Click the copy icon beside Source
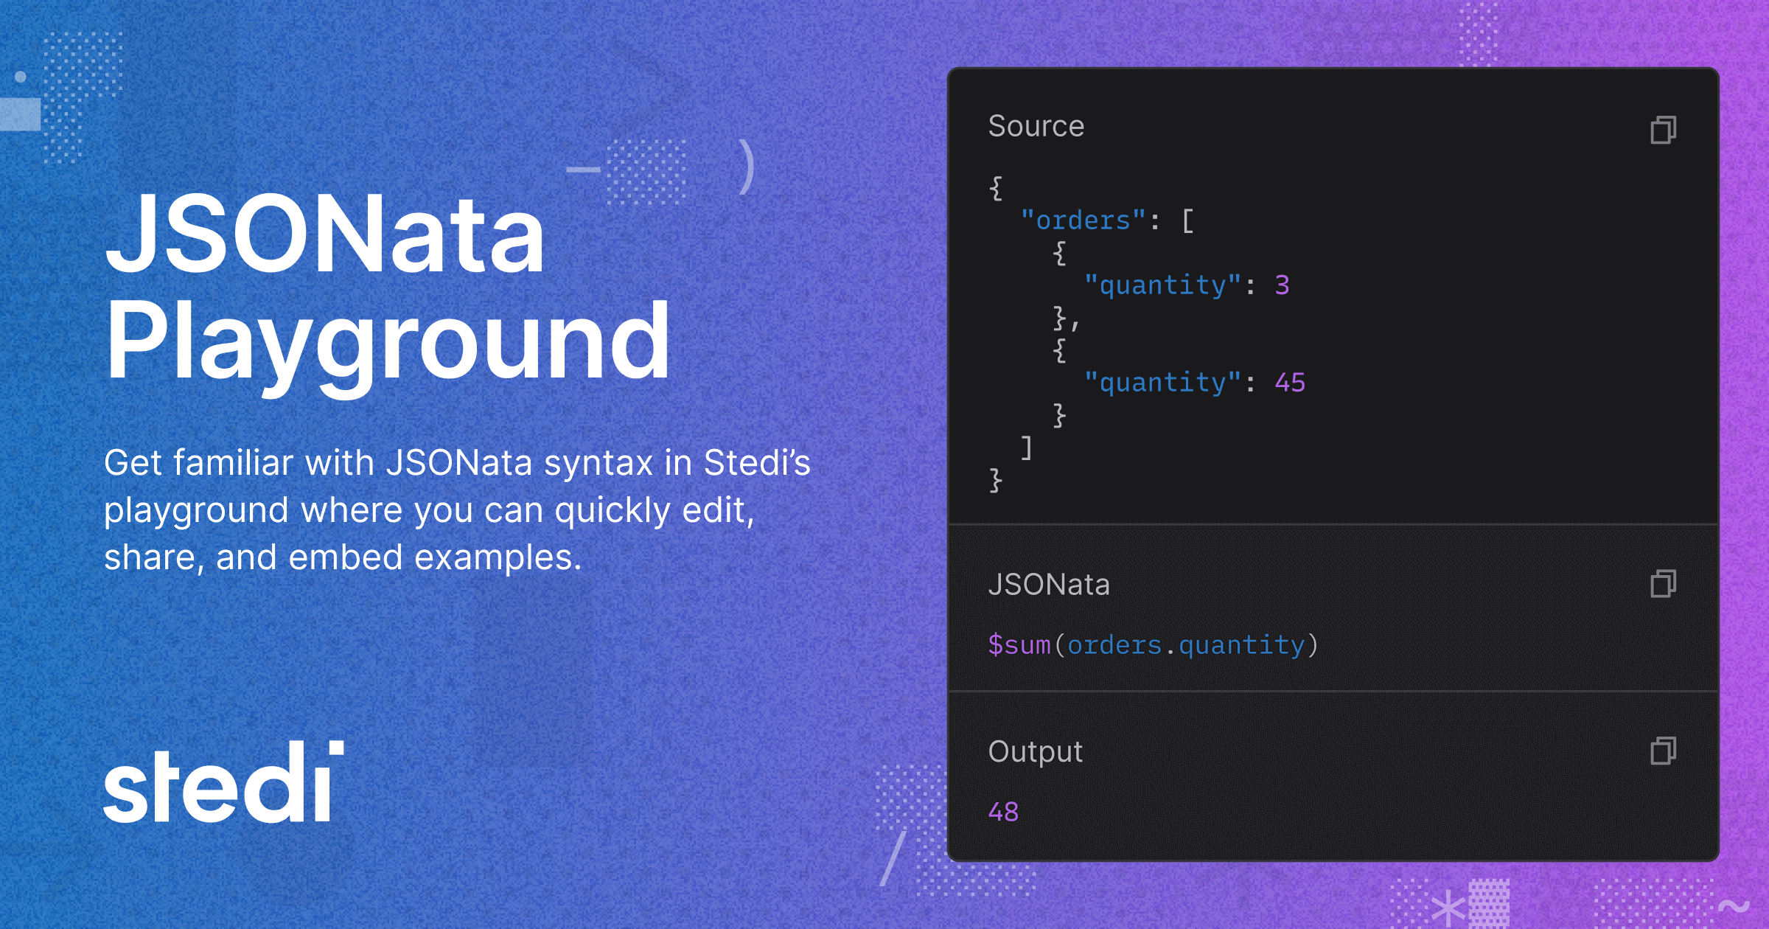pos(1663,130)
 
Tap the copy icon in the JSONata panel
pos(1663,583)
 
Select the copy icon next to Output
pos(1663,751)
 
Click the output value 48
pos(1003,812)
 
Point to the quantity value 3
pos(1282,285)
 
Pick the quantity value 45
pos(1290,382)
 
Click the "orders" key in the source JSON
pos(1083,220)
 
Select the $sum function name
pos(1019,644)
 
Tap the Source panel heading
pos(1036,126)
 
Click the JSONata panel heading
pos(1049,585)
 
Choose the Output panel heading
pos(1036,752)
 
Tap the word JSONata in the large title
pos(325,234)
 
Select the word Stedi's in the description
pos(757,462)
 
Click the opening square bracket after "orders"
pos(1187,220)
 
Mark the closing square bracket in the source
pos(1027,447)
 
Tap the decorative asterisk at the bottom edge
pos(1448,908)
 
